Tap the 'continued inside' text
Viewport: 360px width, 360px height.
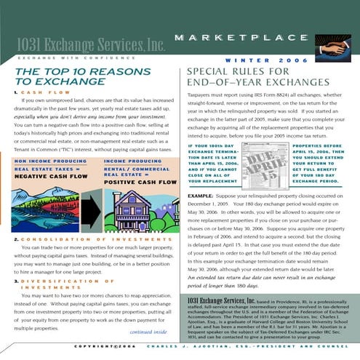pos(148,332)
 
